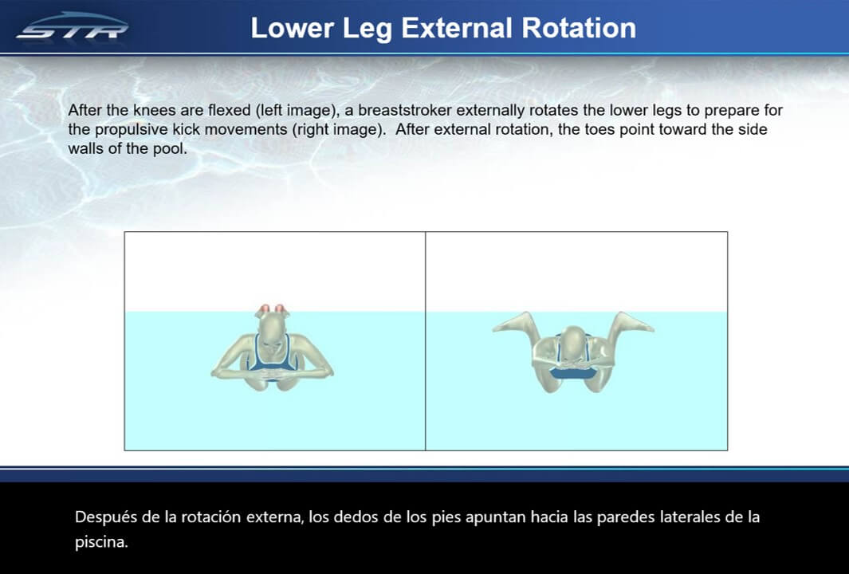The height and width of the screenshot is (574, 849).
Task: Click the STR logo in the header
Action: coord(73,26)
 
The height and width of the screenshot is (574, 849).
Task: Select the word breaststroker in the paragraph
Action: coord(405,111)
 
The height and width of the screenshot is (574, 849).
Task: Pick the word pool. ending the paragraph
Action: coord(170,149)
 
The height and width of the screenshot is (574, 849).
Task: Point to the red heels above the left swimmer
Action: coord(272,310)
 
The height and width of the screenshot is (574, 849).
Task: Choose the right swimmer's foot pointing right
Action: coord(634,323)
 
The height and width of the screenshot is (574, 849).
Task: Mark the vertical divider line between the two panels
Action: coord(426,341)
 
